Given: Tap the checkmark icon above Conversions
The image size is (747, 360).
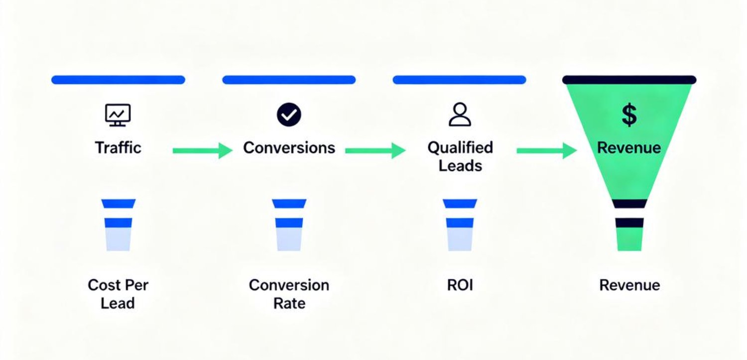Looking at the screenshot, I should [289, 115].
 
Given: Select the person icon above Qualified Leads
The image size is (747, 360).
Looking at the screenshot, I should [460, 115].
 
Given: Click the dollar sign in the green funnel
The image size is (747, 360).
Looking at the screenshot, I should [629, 115].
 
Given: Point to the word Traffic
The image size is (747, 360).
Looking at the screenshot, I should [118, 148].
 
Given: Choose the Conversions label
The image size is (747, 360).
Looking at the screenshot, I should [289, 148].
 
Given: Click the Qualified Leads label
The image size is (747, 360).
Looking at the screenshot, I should [460, 156].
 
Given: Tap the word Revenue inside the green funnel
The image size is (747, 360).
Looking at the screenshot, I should [629, 148].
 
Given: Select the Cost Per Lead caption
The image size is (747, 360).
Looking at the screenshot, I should [118, 294].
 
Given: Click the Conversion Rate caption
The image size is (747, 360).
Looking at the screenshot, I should [289, 294].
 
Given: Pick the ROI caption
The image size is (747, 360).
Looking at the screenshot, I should [460, 285].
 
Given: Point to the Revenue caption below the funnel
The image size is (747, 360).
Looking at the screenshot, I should [629, 285].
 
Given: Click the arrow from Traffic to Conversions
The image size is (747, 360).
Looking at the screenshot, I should [202, 150].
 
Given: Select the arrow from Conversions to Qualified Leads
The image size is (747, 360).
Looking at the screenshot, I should [375, 150].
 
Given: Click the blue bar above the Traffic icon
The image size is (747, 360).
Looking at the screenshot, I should [118, 80].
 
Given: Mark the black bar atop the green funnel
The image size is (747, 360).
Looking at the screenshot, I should [629, 80].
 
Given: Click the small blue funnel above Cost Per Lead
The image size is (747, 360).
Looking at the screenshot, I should [118, 225].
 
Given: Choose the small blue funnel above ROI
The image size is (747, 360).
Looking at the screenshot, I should [460, 225].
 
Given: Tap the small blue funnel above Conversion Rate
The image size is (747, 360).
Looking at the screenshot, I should [289, 225].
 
